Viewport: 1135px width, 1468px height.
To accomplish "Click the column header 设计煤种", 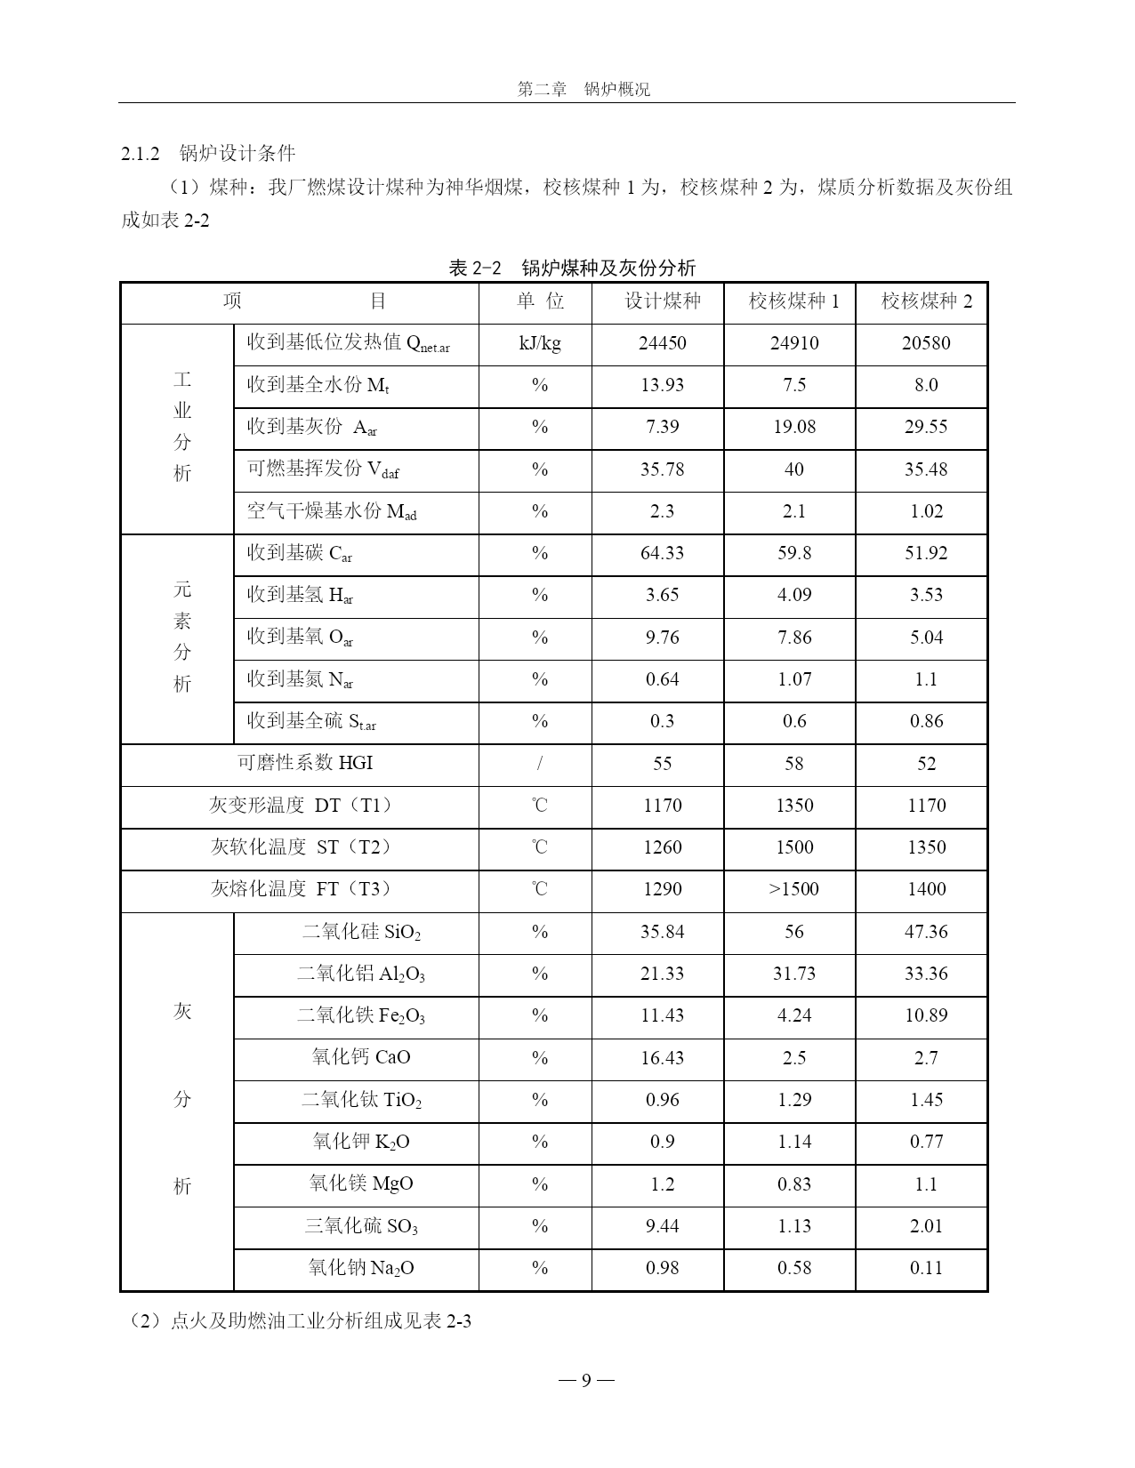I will pos(662,301).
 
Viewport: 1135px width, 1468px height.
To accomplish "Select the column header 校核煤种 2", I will pos(926,301).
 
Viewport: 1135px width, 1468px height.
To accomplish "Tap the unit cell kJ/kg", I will pos(540,343).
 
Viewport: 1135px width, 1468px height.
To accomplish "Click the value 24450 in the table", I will pos(662,343).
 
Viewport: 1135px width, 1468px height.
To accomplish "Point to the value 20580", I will pos(926,343).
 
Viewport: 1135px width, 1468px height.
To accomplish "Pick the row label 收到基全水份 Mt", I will pos(318,385).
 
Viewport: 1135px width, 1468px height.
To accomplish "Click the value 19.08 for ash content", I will pos(793,427).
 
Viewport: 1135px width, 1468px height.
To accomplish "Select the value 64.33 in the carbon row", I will pos(662,553).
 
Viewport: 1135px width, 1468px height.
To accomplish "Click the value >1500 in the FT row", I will pos(793,889).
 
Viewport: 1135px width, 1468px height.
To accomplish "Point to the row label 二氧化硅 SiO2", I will pos(361,932).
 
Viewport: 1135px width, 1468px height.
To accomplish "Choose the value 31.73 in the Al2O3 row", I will pos(793,974).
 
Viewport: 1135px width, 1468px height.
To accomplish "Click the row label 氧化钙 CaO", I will pos(361,1057).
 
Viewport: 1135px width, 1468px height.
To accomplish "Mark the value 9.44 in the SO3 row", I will pos(662,1226).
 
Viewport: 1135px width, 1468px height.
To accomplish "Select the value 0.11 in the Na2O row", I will pos(926,1268).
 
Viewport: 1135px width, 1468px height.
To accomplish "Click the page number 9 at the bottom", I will pos(586,1380).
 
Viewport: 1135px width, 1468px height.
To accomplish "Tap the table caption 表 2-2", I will pos(476,268).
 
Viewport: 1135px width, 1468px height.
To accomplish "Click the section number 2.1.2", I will pos(140,154).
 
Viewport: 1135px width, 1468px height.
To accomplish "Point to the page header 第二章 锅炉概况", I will pos(584,89).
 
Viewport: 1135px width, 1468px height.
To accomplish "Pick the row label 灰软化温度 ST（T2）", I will pos(301,847).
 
